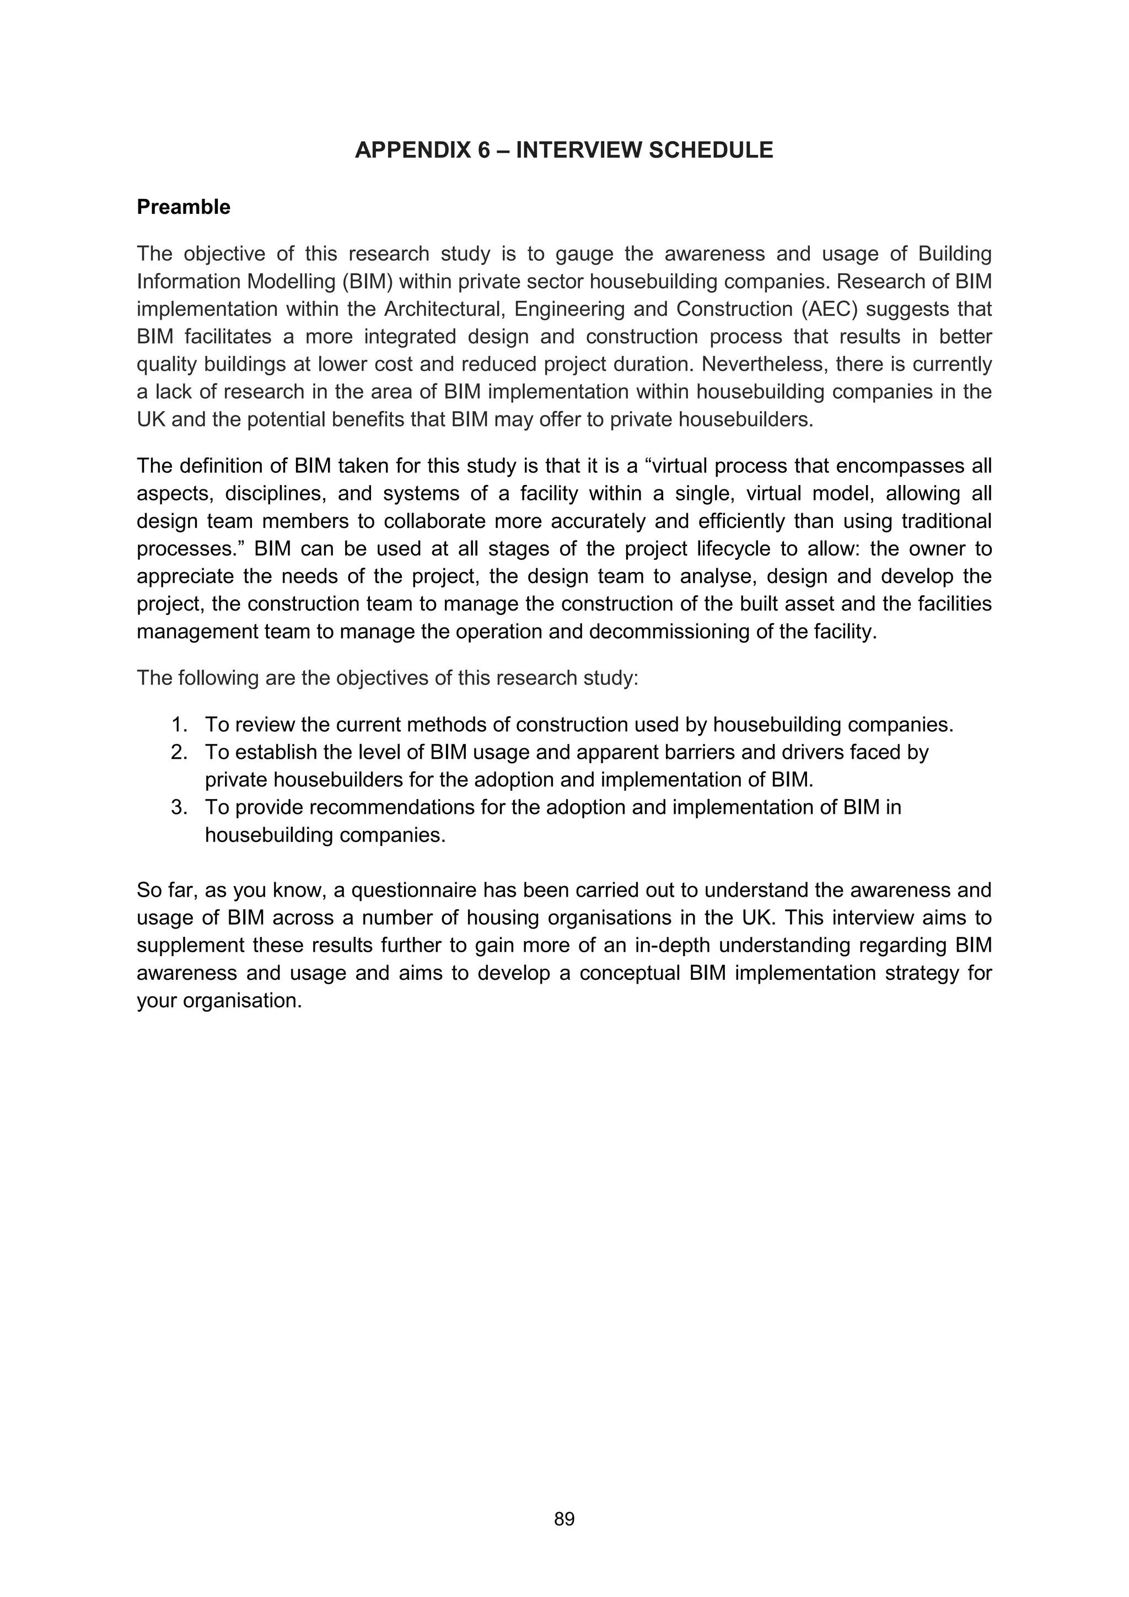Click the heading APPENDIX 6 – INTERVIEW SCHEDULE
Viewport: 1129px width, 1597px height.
click(x=563, y=150)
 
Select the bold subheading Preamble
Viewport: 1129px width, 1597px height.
click(x=183, y=207)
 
